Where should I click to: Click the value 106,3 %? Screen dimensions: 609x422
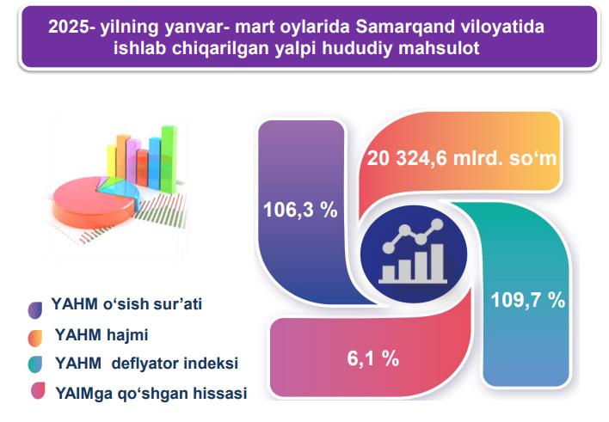pyautogui.click(x=300, y=210)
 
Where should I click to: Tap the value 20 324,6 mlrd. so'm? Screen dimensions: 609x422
pyautogui.click(x=462, y=158)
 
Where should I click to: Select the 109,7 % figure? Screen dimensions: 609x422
pyautogui.click(x=528, y=300)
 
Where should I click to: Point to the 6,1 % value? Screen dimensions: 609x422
pyautogui.click(x=372, y=358)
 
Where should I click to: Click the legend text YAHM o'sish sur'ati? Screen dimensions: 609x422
pyautogui.click(x=126, y=304)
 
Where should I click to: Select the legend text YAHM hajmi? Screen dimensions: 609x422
pyautogui.click(x=101, y=334)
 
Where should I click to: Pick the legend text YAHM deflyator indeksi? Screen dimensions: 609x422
pyautogui.click(x=146, y=364)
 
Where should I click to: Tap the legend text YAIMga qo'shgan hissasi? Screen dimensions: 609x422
pyautogui.click(x=151, y=393)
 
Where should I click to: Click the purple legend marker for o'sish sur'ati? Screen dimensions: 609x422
pyautogui.click(x=35, y=310)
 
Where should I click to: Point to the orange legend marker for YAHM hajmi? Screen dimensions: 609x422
pyautogui.click(x=35, y=338)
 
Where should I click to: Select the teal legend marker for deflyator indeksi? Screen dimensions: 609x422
pyautogui.click(x=35, y=364)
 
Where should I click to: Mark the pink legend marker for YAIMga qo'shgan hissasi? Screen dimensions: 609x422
pyautogui.click(x=38, y=390)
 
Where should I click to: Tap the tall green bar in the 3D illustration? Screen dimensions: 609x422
pyautogui.click(x=169, y=159)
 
